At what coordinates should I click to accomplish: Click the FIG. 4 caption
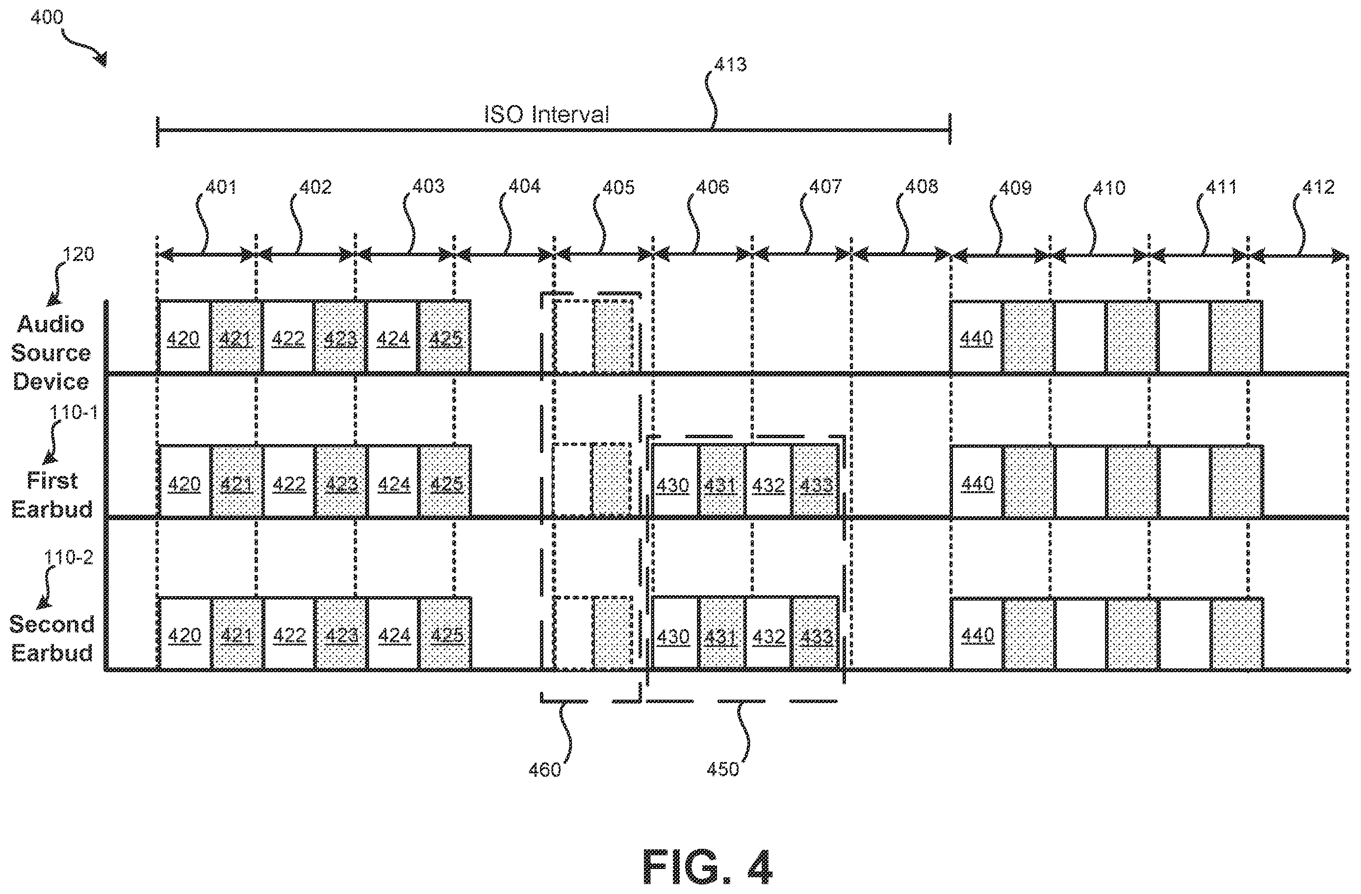(x=708, y=867)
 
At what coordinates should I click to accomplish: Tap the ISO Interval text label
(x=547, y=114)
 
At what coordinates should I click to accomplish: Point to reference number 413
(x=731, y=65)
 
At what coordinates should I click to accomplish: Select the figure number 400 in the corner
(x=47, y=17)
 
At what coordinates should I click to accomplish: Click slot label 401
(x=221, y=187)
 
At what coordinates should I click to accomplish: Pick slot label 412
(x=1318, y=187)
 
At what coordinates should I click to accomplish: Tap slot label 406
(x=713, y=187)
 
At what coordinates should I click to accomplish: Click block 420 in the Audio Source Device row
(x=183, y=338)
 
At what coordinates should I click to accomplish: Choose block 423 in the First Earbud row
(x=341, y=484)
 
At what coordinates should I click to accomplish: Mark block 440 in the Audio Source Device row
(x=976, y=338)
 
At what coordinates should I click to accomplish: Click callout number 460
(x=545, y=770)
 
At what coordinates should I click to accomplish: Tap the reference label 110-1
(x=74, y=412)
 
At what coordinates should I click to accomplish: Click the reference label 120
(x=78, y=254)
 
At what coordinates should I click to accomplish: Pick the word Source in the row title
(x=51, y=353)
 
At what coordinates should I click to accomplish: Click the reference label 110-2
(x=69, y=557)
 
